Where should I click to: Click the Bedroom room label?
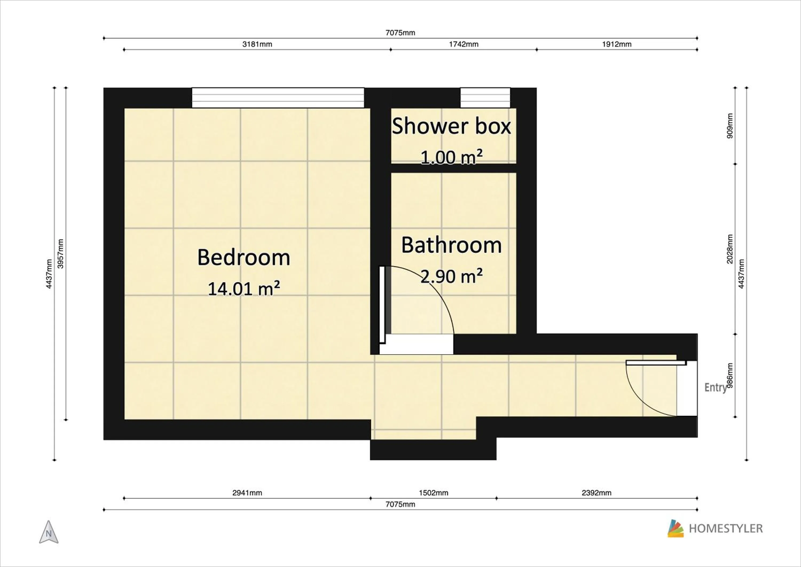point(244,258)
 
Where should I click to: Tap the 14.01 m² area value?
point(244,289)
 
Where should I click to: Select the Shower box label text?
point(451,126)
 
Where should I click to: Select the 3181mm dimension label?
point(257,44)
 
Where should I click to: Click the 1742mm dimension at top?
point(463,44)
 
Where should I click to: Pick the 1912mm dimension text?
point(617,44)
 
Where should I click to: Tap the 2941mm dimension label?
point(247,493)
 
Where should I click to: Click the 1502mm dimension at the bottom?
point(433,493)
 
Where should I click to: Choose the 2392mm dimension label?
point(596,493)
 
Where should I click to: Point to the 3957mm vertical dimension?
point(60,254)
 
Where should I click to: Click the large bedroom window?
point(278,98)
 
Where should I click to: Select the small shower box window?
point(485,98)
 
